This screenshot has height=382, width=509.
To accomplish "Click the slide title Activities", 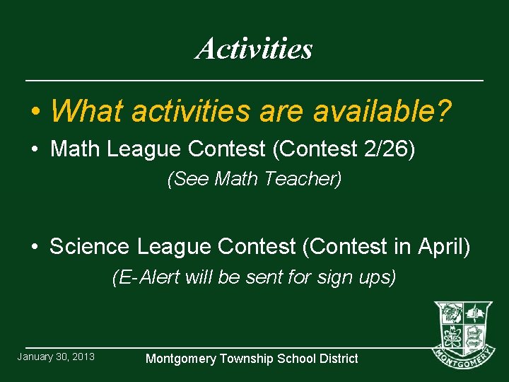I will coord(255,49).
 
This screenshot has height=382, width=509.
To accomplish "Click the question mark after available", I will coord(444,110).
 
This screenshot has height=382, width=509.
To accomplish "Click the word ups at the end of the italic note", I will coord(376,277).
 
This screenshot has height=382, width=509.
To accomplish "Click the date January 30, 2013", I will coord(56,356).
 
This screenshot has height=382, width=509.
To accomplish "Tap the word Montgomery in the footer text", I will coord(180,359).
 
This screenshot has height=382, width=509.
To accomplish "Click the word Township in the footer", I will coord(247,359).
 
